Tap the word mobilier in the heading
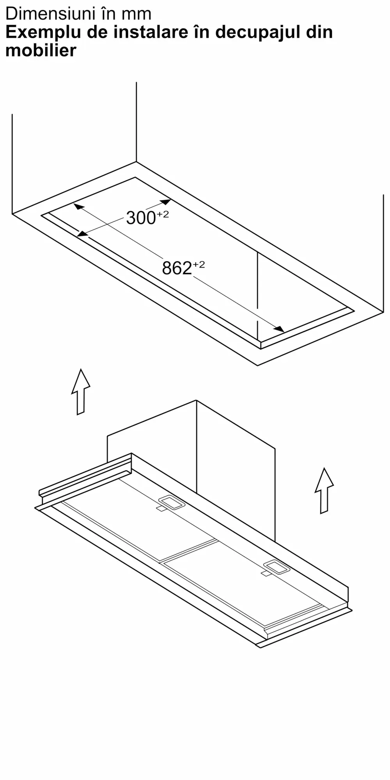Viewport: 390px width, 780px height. [41, 51]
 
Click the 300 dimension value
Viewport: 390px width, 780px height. [141, 218]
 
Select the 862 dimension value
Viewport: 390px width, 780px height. [177, 268]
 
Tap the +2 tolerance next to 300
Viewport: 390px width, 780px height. [163, 214]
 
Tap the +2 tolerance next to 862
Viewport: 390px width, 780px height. [199, 265]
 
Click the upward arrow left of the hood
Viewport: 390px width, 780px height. [81, 392]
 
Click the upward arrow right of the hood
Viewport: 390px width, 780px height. [324, 491]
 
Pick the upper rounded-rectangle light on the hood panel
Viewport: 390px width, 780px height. [171, 502]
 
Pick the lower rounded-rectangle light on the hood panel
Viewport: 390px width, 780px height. [277, 567]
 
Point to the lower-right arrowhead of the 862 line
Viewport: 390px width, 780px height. [279, 329]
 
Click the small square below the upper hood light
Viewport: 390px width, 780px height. [161, 509]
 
